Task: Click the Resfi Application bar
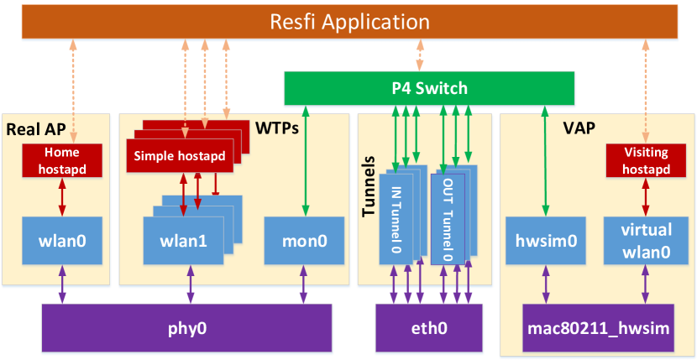(348, 22)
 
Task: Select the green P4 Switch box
(428, 87)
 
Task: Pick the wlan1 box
(183, 240)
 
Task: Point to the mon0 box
(304, 240)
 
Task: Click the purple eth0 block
(428, 327)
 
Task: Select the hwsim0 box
(545, 240)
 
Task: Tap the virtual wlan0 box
(645, 240)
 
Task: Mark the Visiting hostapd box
(645, 161)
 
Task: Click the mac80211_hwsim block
(600, 327)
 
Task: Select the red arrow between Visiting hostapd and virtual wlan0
(645, 197)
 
